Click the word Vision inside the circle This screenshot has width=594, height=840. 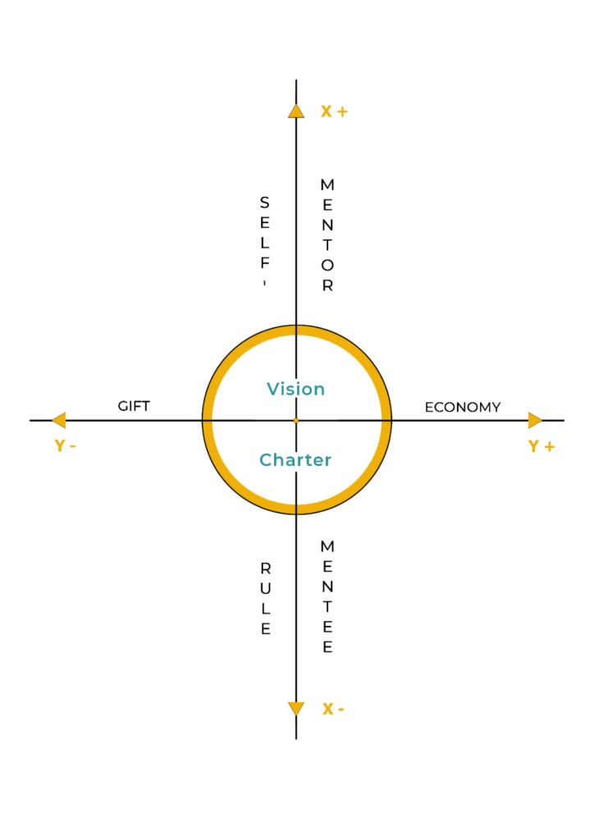pyautogui.click(x=295, y=389)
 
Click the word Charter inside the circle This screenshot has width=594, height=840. pyautogui.click(x=295, y=460)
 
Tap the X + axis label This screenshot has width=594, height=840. pyautogui.click(x=334, y=112)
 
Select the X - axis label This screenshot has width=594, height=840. pyautogui.click(x=332, y=710)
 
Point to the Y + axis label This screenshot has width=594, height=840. pyautogui.click(x=541, y=446)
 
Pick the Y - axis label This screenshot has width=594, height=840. pyautogui.click(x=65, y=446)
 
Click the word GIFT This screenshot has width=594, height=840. pyautogui.click(x=134, y=406)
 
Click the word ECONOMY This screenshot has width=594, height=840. pyautogui.click(x=463, y=407)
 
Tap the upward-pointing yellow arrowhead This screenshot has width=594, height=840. pyautogui.click(x=296, y=111)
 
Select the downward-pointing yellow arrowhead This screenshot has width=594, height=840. pyautogui.click(x=296, y=709)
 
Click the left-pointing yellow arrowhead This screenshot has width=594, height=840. pyautogui.click(x=58, y=420)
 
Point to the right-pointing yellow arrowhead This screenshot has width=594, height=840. pyautogui.click(x=535, y=420)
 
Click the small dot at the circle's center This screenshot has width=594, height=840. pyautogui.click(x=296, y=420)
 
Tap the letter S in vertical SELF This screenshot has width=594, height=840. pyautogui.click(x=265, y=202)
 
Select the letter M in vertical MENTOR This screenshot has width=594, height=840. pyautogui.click(x=327, y=184)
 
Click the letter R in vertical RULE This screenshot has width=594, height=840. pyautogui.click(x=265, y=568)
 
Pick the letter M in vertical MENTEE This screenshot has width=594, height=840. pyautogui.click(x=327, y=546)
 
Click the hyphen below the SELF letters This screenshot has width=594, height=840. pyautogui.click(x=265, y=283)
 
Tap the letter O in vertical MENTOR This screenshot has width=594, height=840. pyautogui.click(x=327, y=266)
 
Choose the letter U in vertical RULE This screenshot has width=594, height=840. pyautogui.click(x=265, y=588)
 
